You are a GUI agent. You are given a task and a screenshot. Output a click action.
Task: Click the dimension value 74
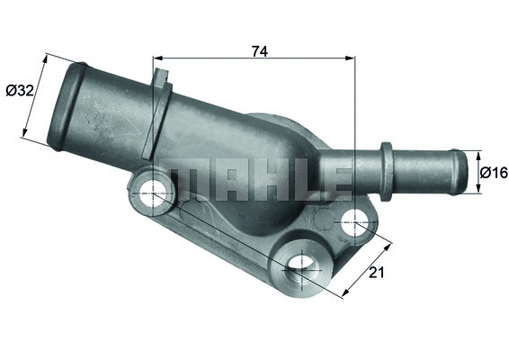pos(258,51)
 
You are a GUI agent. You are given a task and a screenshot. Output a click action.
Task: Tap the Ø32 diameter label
pos(19,90)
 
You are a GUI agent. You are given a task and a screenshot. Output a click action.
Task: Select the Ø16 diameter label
pos(494,172)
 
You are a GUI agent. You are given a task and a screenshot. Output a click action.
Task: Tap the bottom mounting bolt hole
pos(301,264)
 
